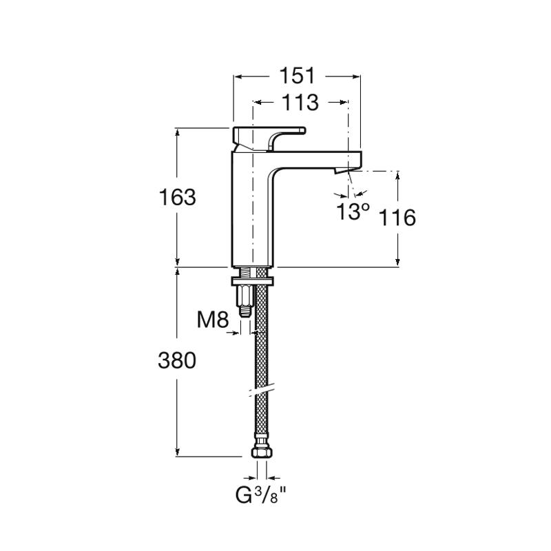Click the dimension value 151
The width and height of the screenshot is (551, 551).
coord(297,74)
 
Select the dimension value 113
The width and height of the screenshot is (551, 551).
coord(300,102)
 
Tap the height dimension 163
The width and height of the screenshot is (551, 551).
coord(178,197)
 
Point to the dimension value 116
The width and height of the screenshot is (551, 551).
coord(397,218)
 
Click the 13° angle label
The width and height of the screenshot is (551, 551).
coord(353,211)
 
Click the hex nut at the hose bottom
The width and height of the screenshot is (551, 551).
coord(262,453)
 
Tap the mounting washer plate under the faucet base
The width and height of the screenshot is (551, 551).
coord(254,281)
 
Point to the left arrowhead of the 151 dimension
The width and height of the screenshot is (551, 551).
coord(238,75)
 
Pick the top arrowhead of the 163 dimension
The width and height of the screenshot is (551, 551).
coord(178,132)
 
